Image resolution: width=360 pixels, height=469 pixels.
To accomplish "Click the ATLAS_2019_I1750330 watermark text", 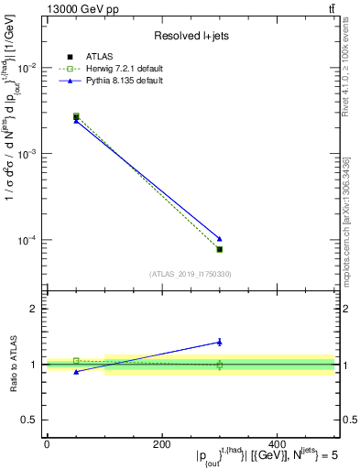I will (190, 274).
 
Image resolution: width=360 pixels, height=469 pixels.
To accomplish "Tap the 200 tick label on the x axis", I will (161, 444).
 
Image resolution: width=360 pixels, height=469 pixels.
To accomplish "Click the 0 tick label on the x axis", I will (47, 444).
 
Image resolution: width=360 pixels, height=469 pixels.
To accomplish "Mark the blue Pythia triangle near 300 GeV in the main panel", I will (219, 238).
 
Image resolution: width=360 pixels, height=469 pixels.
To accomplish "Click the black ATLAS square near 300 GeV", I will (219, 249).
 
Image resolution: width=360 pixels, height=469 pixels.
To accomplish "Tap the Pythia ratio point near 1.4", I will (219, 342).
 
